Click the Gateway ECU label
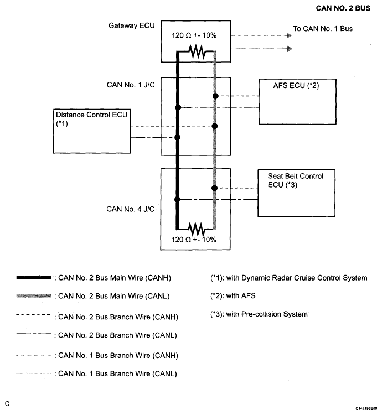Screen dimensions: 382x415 [131, 25]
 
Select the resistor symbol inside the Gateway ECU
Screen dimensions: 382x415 [197, 51]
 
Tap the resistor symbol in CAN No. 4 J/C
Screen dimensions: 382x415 [196, 229]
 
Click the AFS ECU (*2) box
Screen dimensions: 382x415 [297, 101]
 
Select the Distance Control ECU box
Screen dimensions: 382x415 [92, 131]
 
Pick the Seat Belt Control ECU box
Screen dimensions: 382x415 [297, 193]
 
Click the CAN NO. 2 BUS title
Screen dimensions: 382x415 [343, 8]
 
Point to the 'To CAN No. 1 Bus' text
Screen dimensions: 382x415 [323, 29]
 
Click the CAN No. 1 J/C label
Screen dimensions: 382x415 [131, 85]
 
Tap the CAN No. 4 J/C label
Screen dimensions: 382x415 [130, 209]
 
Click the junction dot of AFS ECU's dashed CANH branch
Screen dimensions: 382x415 [215, 96]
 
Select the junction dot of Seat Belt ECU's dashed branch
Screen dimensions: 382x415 [214, 188]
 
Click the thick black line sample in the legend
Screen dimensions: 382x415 [34, 278]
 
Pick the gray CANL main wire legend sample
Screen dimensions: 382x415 [34, 296]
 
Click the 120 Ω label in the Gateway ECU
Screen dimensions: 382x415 [194, 35]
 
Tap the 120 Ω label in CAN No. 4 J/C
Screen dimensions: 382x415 [194, 240]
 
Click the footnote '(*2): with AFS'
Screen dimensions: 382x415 [233, 295]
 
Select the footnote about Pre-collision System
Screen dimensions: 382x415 [259, 314]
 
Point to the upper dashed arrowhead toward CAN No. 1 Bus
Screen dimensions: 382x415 [290, 35]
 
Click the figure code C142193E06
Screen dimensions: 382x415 [366, 409]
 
